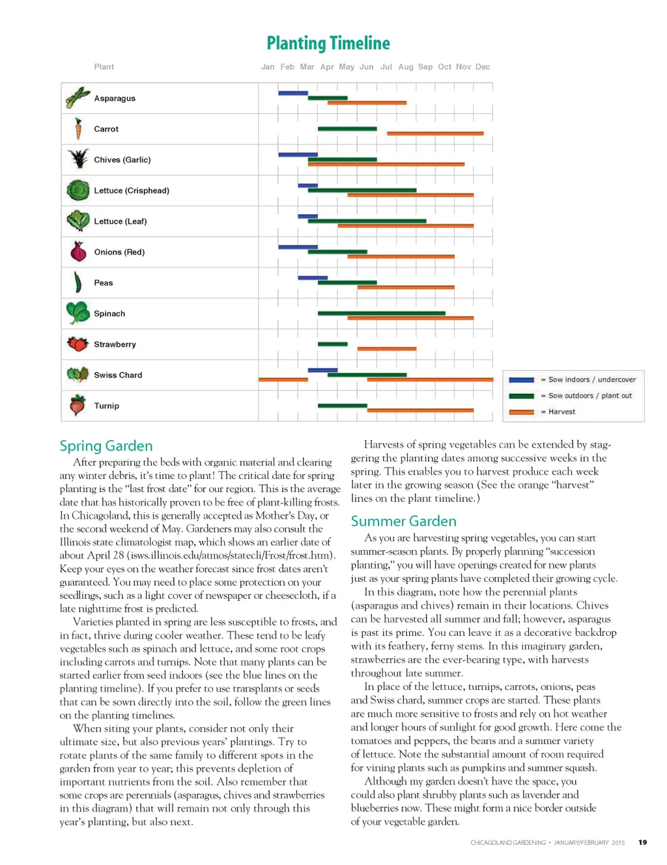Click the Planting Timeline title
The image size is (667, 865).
click(328, 44)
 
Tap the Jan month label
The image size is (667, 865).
click(268, 67)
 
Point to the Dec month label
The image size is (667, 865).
click(483, 67)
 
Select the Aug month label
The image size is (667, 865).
click(406, 67)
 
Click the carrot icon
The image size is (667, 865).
click(78, 129)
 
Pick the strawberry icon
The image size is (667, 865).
click(78, 344)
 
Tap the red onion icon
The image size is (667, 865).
click(78, 251)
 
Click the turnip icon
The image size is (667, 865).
click(78, 405)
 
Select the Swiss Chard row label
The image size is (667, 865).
click(118, 376)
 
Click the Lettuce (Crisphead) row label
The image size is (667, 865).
click(132, 191)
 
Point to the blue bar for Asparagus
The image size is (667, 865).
click(293, 93)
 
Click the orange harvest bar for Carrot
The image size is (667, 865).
click(435, 133)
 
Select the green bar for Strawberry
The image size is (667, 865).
click(333, 344)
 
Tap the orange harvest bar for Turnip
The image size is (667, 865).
click(420, 410)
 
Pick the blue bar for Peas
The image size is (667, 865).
click(313, 278)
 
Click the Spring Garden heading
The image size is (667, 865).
click(106, 446)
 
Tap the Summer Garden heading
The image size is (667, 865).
click(404, 521)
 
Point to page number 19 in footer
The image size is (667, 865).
click(643, 842)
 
